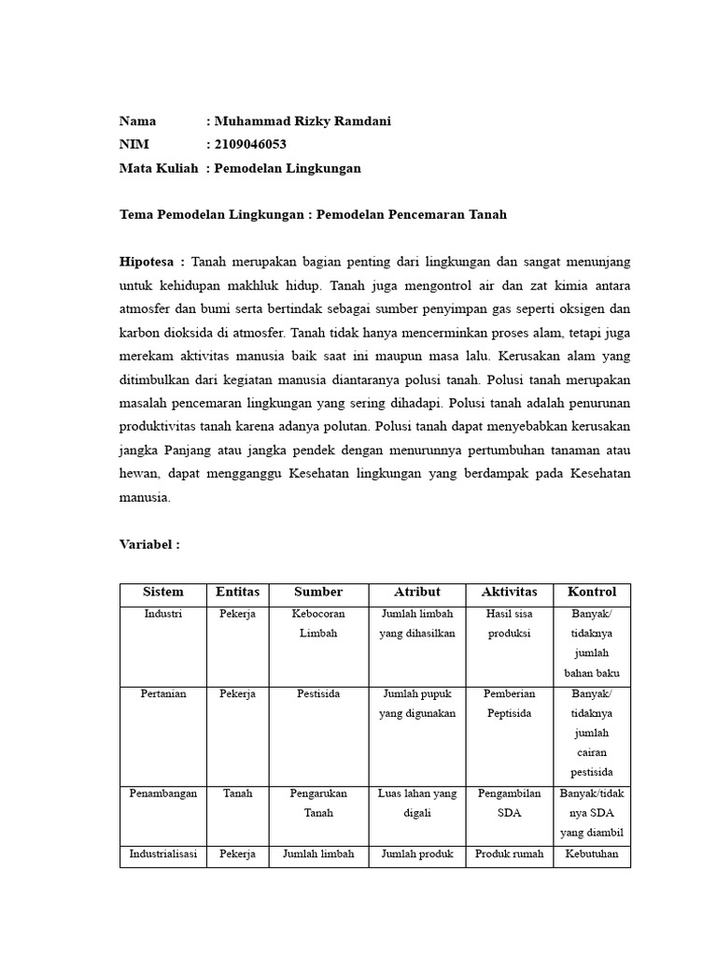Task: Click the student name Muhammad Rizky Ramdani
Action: [302, 121]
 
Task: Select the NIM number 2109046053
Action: [250, 145]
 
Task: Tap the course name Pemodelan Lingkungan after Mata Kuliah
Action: [288, 168]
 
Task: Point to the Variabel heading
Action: [149, 544]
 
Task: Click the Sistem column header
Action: [163, 593]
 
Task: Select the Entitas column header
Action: [238, 593]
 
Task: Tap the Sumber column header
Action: [318, 593]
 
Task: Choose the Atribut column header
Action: [416, 593]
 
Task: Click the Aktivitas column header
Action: [509, 593]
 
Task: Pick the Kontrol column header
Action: [591, 593]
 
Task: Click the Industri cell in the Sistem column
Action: [163, 614]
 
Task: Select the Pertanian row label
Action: [163, 694]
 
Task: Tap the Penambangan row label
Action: [163, 793]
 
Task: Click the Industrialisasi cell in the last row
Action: [163, 854]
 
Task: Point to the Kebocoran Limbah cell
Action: [318, 623]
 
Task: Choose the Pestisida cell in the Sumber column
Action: [318, 694]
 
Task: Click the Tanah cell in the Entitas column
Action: [238, 793]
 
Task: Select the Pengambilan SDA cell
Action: [509, 803]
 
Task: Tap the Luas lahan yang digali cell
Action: [416, 803]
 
